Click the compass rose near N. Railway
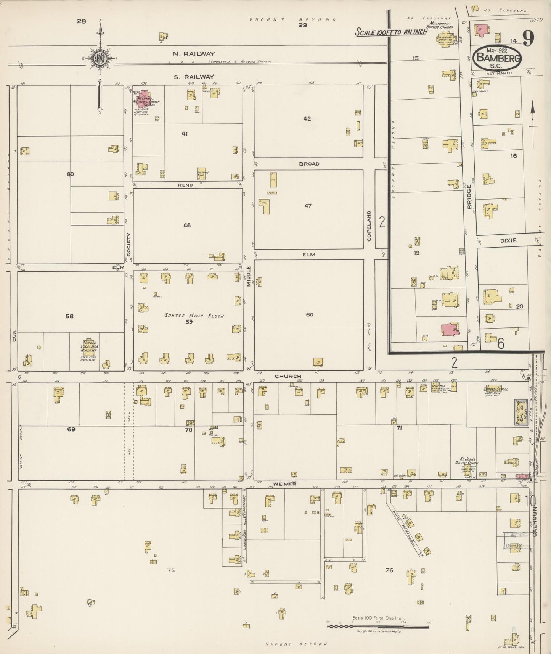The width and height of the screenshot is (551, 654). coord(101,58)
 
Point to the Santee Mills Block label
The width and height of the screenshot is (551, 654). coord(194,316)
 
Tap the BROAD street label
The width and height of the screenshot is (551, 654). coord(309,164)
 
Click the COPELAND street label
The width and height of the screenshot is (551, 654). coord(369,226)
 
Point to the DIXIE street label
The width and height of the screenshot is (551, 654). coord(509,240)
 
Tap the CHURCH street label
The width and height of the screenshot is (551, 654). coord(288,376)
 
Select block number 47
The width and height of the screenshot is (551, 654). coord(308,206)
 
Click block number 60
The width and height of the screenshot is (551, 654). coord(309,315)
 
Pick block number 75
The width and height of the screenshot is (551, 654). coord(170,570)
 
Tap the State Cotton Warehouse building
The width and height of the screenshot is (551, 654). coord(521,413)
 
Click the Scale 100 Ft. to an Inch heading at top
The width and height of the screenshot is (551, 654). coord(391,32)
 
